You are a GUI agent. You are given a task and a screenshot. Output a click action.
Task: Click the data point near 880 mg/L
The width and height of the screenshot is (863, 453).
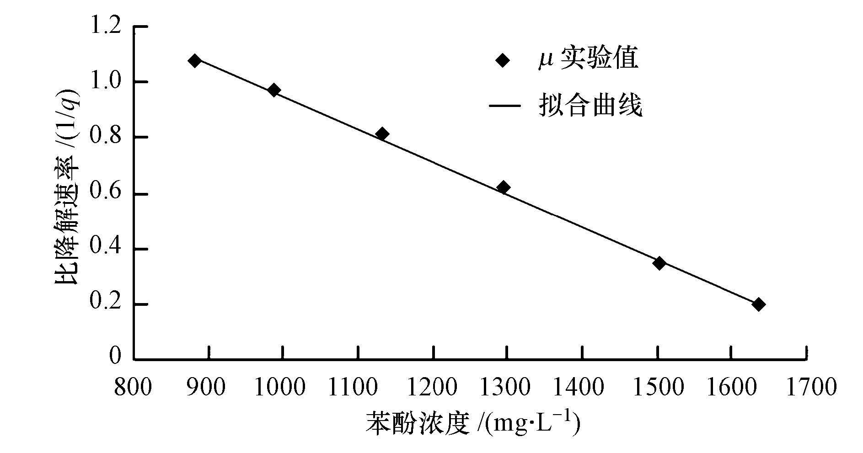pyautogui.click(x=195, y=61)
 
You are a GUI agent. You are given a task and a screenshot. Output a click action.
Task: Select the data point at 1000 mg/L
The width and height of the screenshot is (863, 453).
pyautogui.click(x=274, y=90)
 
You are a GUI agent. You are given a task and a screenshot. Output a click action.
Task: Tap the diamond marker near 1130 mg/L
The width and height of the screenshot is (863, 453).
pyautogui.click(x=382, y=134)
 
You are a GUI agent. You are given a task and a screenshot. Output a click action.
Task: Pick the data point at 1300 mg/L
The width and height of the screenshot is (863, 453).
pyautogui.click(x=504, y=187)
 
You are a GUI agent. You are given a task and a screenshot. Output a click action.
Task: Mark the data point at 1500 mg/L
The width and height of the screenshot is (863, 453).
pyautogui.click(x=659, y=263)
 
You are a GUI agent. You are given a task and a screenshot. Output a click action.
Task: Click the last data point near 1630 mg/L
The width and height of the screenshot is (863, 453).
pyautogui.click(x=758, y=304)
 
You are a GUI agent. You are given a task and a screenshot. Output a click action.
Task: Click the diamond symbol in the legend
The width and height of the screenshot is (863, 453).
pyautogui.click(x=503, y=60)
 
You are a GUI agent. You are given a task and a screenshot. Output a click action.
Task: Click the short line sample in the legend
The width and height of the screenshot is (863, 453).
pyautogui.click(x=504, y=106)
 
